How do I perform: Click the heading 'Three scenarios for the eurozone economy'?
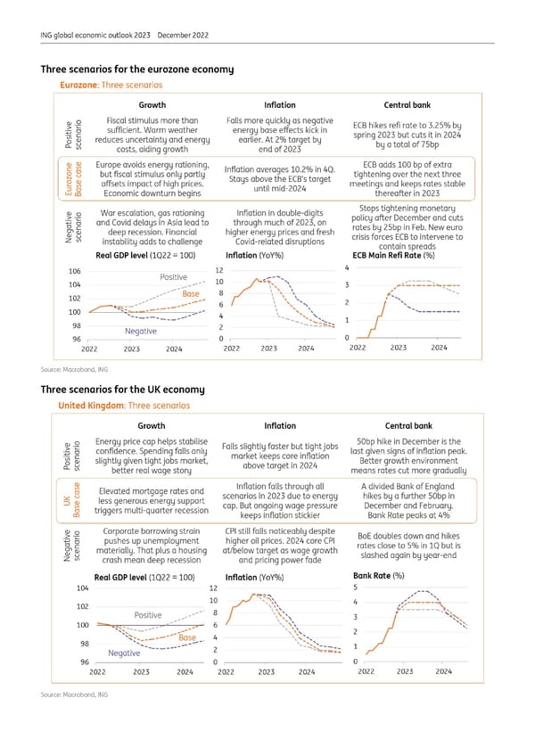pyautogui.click(x=136, y=70)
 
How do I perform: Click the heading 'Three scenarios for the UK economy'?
pyautogui.click(x=122, y=389)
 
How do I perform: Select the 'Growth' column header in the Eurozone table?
pyautogui.click(x=151, y=104)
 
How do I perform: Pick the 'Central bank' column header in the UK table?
pyautogui.click(x=407, y=426)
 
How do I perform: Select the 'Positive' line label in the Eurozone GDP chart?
pyautogui.click(x=173, y=277)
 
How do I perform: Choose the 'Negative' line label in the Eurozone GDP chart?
pyautogui.click(x=141, y=331)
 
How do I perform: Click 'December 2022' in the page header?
pyautogui.click(x=183, y=36)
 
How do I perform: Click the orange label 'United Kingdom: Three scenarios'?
pyautogui.click(x=124, y=406)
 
